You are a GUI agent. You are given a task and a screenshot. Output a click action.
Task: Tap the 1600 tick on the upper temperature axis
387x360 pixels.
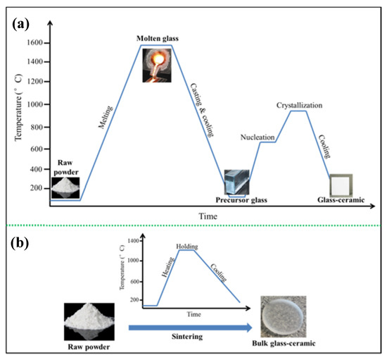coord(34,43)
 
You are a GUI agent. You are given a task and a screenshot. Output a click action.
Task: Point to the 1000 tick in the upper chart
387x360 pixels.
coord(34,104)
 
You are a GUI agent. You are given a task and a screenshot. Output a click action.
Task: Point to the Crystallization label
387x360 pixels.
coord(298,105)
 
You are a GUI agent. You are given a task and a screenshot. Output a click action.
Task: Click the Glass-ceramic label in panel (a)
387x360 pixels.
coord(343,200)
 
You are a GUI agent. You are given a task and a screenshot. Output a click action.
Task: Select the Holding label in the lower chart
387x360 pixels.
coord(187,246)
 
